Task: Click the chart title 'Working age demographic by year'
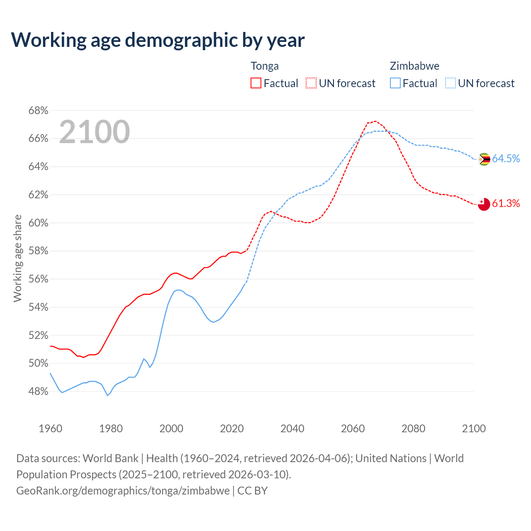click(158, 40)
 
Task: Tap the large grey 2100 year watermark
click(95, 132)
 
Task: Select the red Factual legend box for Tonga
click(256, 83)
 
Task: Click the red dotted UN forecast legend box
click(311, 83)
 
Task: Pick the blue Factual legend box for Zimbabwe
click(395, 83)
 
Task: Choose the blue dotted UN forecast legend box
click(451, 83)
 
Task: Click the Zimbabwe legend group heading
click(414, 66)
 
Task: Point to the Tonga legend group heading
click(265, 66)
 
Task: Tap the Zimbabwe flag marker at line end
click(484, 159)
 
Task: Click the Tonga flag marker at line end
click(484, 204)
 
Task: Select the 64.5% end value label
click(506, 158)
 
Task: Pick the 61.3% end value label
click(506, 203)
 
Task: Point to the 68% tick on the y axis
click(38, 111)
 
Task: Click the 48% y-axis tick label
click(38, 392)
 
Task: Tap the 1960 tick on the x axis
click(51, 429)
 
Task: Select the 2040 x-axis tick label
click(292, 429)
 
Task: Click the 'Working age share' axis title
click(17, 258)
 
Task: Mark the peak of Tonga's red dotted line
click(375, 121)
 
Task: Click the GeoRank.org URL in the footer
click(123, 491)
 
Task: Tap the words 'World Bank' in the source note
click(110, 458)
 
